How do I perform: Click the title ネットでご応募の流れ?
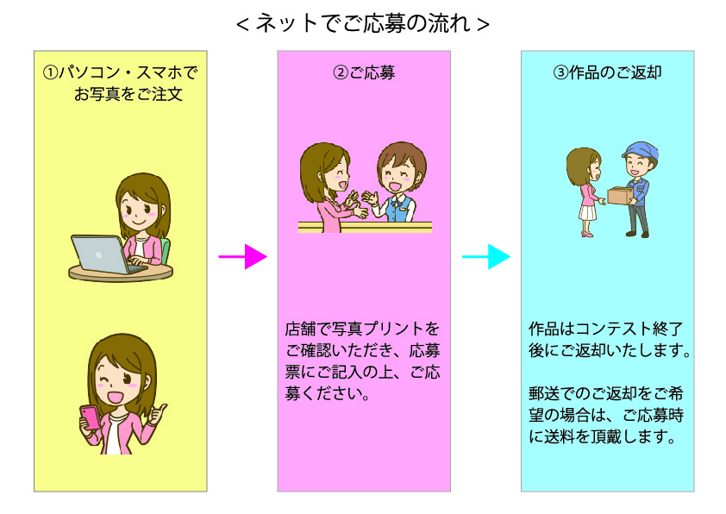[362, 23]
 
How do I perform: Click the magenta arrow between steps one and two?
[242, 256]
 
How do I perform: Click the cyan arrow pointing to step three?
[486, 256]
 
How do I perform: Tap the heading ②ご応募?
[364, 72]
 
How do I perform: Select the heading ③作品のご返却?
[608, 72]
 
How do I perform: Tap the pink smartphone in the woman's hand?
[90, 417]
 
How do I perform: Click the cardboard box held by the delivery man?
[619, 195]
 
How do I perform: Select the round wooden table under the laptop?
[121, 273]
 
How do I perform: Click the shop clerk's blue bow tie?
[396, 202]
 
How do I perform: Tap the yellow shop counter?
[365, 227]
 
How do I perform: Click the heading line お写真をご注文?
[128, 94]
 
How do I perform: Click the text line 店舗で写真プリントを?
[362, 329]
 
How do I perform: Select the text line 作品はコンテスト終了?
[605, 329]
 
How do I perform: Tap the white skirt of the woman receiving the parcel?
[587, 213]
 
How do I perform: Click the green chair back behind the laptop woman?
[166, 250]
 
